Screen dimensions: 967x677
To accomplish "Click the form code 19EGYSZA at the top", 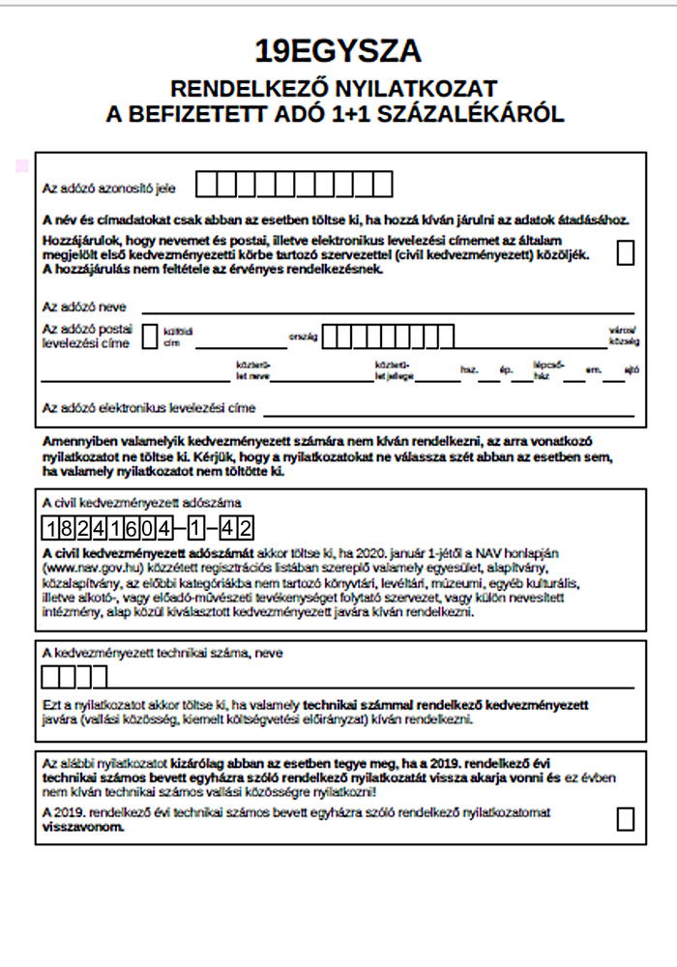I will pyautogui.click(x=338, y=51).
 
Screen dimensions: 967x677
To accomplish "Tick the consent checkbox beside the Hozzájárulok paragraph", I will pyautogui.click(x=626, y=252).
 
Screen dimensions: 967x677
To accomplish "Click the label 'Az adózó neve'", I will pyautogui.click(x=84, y=307).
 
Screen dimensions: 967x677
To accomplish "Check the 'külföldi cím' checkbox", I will pyautogui.click(x=150, y=336).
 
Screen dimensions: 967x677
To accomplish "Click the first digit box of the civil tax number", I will pyautogui.click(x=51, y=528).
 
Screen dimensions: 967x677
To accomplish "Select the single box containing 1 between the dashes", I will pyautogui.click(x=196, y=528).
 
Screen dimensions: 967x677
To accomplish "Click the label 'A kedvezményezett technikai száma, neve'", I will pyautogui.click(x=162, y=654).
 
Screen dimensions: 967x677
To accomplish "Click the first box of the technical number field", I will pyautogui.click(x=51, y=675).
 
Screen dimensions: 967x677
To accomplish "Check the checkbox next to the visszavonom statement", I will pyautogui.click(x=626, y=819).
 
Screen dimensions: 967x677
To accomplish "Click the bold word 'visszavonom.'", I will pyautogui.click(x=83, y=829).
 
